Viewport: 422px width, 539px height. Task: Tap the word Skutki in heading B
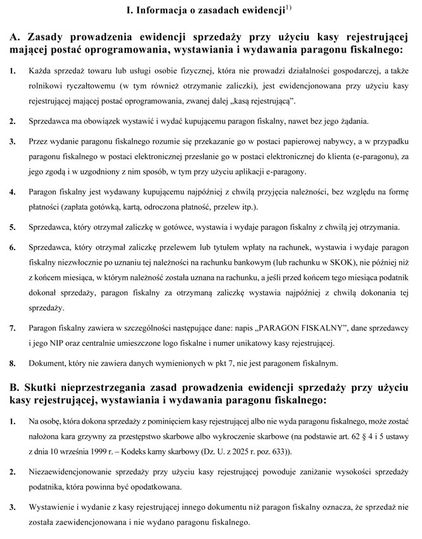pyautogui.click(x=47, y=387)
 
